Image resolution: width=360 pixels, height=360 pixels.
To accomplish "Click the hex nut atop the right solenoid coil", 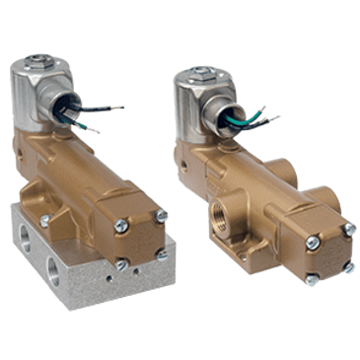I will point(198,74).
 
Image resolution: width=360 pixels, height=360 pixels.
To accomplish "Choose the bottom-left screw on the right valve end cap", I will point(310,268).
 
